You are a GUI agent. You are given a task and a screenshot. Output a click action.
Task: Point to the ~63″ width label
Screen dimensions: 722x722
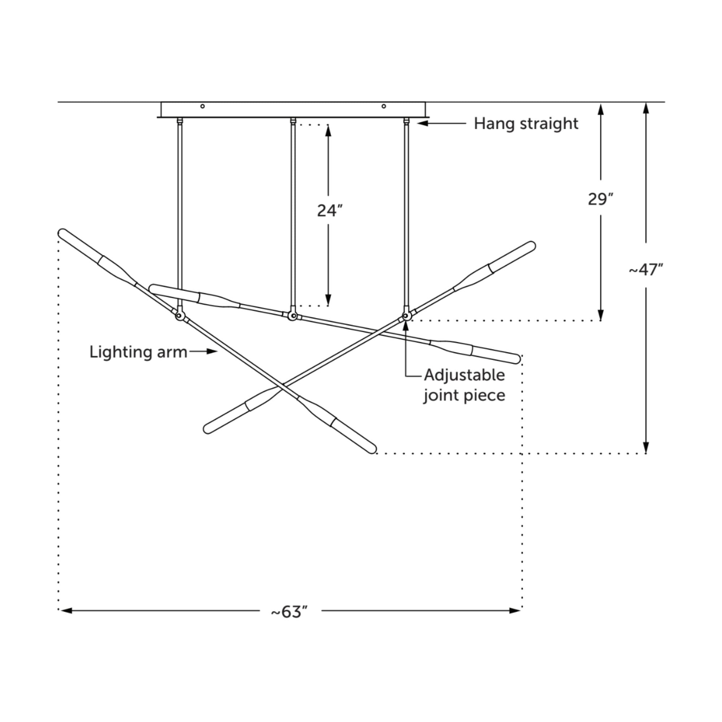pos(290,612)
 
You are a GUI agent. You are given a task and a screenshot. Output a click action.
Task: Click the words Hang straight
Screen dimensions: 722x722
pos(526,124)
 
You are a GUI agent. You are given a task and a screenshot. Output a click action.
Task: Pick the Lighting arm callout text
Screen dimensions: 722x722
pos(138,352)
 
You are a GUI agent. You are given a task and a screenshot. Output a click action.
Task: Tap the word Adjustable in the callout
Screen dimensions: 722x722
pos(465,375)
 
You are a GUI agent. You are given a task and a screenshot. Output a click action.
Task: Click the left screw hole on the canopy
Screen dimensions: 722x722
pos(203,106)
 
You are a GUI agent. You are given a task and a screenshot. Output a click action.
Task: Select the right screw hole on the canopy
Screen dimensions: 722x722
pos(384,106)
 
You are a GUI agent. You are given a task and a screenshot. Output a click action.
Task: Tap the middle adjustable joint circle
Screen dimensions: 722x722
pos(293,316)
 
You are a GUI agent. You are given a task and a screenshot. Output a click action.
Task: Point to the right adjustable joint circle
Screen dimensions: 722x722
pos(406,316)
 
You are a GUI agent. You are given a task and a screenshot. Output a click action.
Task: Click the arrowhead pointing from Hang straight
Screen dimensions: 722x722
pos(422,123)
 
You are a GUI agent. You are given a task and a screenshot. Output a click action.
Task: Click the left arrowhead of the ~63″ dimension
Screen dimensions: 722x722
pos(66,611)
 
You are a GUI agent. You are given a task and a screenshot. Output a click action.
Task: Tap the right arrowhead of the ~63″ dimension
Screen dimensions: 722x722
pos(515,611)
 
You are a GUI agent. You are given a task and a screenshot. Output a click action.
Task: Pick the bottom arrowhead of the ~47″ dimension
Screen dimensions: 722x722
pos(646,447)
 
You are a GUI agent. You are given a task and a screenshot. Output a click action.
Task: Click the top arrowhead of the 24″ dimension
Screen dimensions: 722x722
pos(328,131)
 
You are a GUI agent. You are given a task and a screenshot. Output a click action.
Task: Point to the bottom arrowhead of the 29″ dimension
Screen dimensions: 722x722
pos(601,315)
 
